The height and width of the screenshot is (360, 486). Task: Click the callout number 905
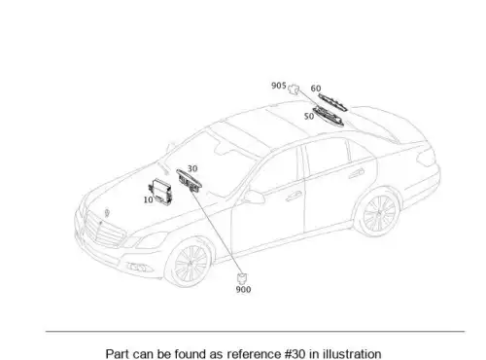279,86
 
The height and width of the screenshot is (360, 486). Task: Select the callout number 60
316,89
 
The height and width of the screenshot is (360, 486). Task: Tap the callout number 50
309,116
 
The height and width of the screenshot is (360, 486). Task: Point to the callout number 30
192,168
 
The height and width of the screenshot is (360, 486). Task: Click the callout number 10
148,199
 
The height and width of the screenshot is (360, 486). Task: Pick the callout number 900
243,289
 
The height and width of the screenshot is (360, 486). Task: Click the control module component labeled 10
160,191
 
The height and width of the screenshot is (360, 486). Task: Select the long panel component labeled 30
190,180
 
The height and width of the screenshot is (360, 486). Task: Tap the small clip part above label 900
243,278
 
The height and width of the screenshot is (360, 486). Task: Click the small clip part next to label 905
294,89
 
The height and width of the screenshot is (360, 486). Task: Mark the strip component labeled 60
332,102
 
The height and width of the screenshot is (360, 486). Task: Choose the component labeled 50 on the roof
328,117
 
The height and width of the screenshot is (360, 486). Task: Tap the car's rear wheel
379,211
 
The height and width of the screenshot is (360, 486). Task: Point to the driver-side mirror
255,197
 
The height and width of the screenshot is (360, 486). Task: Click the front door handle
294,196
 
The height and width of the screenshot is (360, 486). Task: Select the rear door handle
357,173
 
